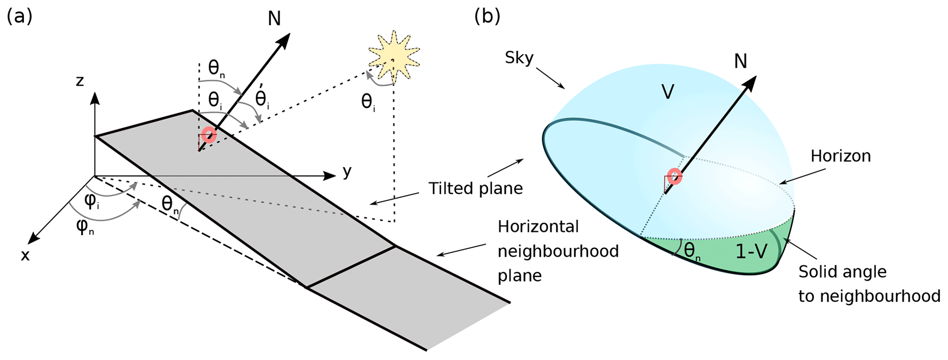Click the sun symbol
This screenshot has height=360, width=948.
[394, 58]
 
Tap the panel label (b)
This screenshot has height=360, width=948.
[487, 17]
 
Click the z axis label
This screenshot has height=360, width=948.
[80, 82]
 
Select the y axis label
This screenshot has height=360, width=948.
[347, 172]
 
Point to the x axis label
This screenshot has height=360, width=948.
[25, 255]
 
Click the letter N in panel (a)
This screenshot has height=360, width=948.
[274, 19]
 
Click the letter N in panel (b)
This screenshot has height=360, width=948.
[740, 61]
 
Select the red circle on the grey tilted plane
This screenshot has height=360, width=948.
[209, 135]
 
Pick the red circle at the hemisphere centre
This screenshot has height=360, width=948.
[674, 177]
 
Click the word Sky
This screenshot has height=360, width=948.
[519, 58]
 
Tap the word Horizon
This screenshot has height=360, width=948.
[840, 156]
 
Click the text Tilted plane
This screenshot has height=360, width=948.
[476, 188]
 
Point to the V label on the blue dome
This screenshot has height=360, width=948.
[668, 92]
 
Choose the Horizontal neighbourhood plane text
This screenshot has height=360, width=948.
[558, 251]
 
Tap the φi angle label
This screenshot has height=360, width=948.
[92, 202]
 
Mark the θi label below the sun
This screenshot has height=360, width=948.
[368, 102]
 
